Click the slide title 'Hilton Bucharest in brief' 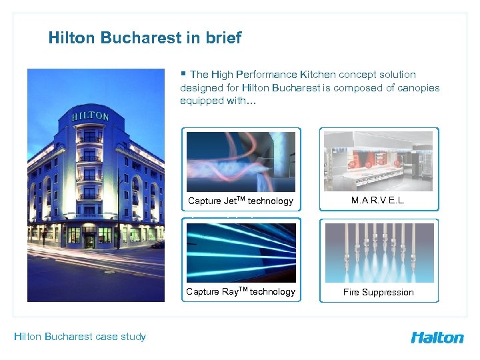[145, 38]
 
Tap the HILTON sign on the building [90, 116]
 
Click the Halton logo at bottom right [437, 337]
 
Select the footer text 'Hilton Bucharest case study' [80, 336]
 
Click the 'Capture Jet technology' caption [241, 201]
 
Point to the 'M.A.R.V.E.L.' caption [379, 200]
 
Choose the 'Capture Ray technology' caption [241, 291]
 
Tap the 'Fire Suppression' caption [379, 292]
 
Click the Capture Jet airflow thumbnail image [241, 162]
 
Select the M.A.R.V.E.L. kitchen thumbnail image [379, 161]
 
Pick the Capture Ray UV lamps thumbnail [241, 253]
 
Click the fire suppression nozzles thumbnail [379, 253]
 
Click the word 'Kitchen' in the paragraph [317, 75]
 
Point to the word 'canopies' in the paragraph [418, 88]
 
